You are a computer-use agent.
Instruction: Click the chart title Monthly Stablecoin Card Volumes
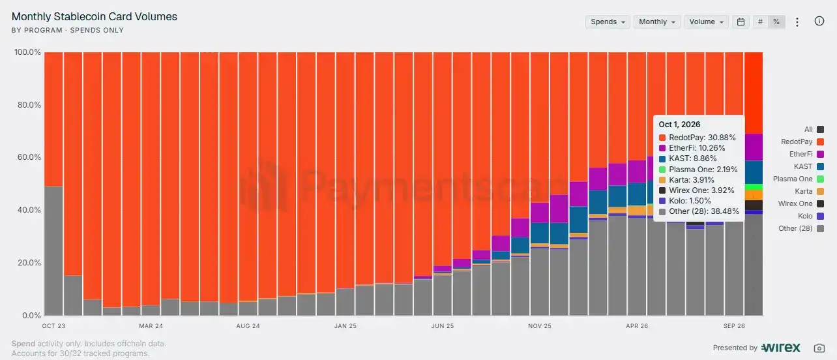pyautogui.click(x=94, y=16)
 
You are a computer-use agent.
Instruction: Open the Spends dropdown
pyautogui.click(x=608, y=22)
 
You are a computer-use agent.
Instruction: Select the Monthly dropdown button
pyautogui.click(x=656, y=22)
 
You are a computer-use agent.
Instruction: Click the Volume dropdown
pyautogui.click(x=706, y=22)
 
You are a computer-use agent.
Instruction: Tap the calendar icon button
pyautogui.click(x=741, y=22)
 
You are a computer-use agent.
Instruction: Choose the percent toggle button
pyautogui.click(x=776, y=22)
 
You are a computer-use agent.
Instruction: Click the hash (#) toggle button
pyautogui.click(x=760, y=22)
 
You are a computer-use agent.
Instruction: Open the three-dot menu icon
pyautogui.click(x=797, y=22)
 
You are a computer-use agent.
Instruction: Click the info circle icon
pyautogui.click(x=819, y=21)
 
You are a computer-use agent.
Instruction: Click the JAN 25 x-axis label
pyautogui.click(x=345, y=326)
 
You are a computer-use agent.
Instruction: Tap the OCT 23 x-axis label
pyautogui.click(x=53, y=326)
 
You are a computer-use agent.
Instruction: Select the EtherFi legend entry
pyautogui.click(x=806, y=154)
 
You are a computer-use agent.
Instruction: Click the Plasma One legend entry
pyautogui.click(x=799, y=179)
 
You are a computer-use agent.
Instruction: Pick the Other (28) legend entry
pyautogui.click(x=801, y=228)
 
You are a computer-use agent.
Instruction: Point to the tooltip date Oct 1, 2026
pyautogui.click(x=679, y=125)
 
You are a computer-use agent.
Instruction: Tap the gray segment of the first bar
pyautogui.click(x=53, y=250)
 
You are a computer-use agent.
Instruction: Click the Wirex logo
pyautogui.click(x=781, y=348)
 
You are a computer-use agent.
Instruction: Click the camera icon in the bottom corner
pyautogui.click(x=819, y=348)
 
